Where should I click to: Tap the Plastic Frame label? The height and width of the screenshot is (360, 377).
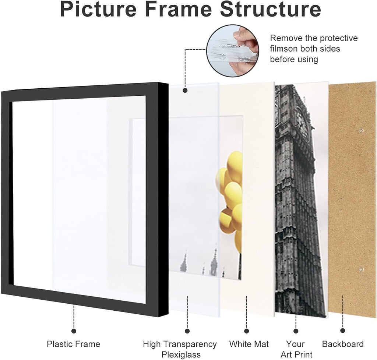[x=73, y=344]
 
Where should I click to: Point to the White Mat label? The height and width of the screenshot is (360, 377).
[x=249, y=344]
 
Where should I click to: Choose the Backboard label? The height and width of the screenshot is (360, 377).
[x=343, y=344]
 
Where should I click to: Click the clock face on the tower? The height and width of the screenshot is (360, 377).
[x=302, y=121]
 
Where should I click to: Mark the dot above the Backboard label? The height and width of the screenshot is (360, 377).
[x=343, y=331]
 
